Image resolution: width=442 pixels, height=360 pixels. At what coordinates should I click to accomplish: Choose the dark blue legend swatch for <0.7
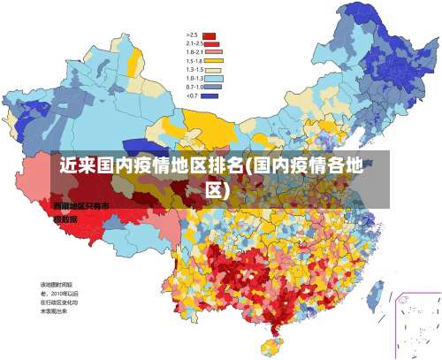[x=210, y=95]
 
